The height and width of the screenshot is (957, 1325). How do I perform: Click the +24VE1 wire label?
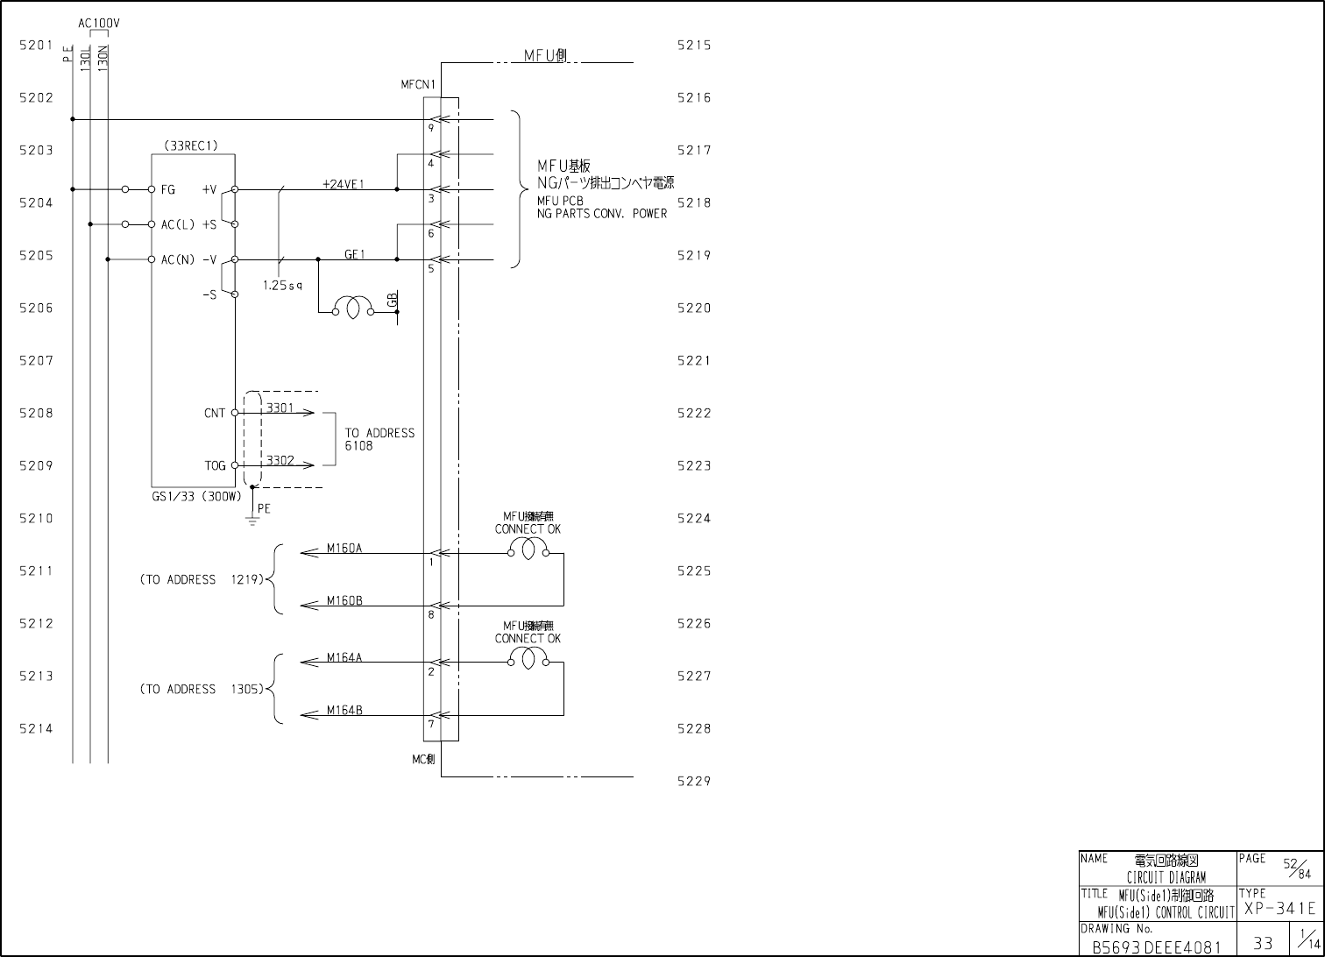[342, 184]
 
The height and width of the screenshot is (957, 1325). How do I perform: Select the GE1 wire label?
[354, 254]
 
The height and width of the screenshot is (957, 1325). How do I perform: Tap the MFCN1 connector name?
[418, 85]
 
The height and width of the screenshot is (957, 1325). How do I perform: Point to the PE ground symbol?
[252, 520]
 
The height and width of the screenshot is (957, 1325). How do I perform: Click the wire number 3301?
[280, 408]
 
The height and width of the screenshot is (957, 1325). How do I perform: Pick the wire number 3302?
[280, 460]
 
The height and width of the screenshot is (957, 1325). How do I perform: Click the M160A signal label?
[344, 549]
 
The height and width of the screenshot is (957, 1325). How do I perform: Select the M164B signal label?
[344, 711]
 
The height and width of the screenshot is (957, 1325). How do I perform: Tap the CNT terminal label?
[215, 414]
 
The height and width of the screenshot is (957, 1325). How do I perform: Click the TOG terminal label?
[215, 466]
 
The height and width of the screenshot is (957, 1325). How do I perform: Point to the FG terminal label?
[168, 189]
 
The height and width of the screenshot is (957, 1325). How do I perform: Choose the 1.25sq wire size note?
[282, 285]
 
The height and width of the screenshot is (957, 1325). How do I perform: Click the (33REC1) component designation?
[191, 146]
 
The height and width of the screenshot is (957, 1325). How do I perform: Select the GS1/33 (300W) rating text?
[196, 496]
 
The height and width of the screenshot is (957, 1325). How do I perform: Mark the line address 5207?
[36, 360]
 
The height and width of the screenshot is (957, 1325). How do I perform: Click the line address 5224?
[694, 518]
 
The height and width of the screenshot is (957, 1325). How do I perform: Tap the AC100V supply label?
[99, 24]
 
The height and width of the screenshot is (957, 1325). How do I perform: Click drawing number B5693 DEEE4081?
[1156, 947]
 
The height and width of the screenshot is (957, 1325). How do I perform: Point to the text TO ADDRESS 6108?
[379, 439]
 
